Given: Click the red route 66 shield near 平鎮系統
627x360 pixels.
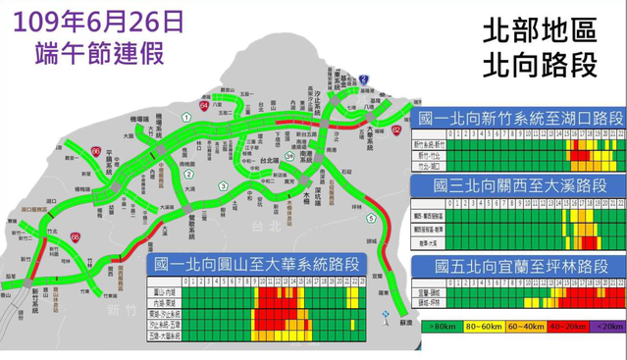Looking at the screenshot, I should pyautogui.click(x=96, y=151).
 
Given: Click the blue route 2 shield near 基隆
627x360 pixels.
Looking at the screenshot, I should pyautogui.click(x=363, y=77).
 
